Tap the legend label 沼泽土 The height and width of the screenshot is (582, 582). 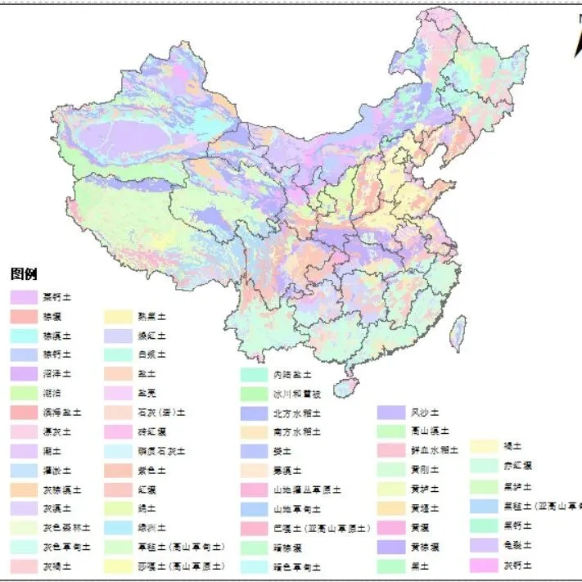pyautogui.click(x=57, y=373)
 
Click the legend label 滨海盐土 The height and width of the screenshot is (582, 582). pyautogui.click(x=62, y=413)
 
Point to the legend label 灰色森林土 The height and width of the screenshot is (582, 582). pyautogui.click(x=67, y=528)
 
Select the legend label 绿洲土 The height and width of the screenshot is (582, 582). pyautogui.click(x=151, y=528)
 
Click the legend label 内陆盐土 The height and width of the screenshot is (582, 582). pyautogui.click(x=292, y=374)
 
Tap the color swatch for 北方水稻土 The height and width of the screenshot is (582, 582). pyautogui.click(x=254, y=413)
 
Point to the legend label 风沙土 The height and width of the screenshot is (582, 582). pyautogui.click(x=425, y=413)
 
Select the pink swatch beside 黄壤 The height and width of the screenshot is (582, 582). pyautogui.click(x=390, y=528)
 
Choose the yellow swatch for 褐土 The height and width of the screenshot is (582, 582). pyautogui.click(x=483, y=446)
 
